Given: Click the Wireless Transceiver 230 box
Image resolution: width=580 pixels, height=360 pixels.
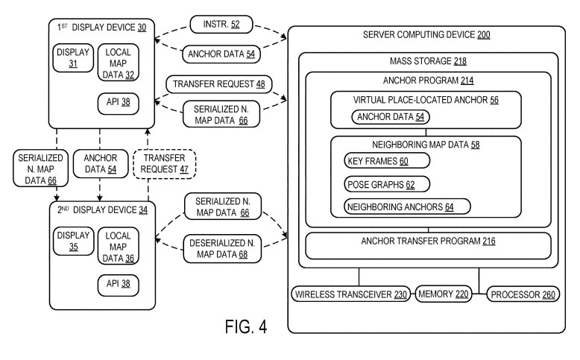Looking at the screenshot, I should click(x=352, y=294).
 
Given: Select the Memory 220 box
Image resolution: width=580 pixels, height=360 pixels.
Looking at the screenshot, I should click(x=443, y=294).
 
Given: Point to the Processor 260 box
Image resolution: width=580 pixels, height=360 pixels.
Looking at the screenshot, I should click(x=522, y=294).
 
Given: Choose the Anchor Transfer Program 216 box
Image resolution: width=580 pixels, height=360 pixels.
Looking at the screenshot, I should click(x=428, y=242).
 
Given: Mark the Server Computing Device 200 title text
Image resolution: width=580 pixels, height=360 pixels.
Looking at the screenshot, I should click(x=426, y=35).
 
